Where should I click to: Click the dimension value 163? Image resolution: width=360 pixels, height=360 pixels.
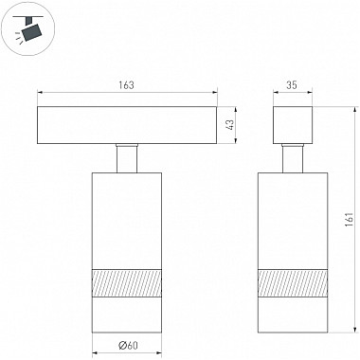127,85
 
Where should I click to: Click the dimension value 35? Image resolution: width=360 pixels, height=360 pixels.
292,85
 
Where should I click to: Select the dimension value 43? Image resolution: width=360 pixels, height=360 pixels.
231,124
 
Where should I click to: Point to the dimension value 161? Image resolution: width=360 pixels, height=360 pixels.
349,220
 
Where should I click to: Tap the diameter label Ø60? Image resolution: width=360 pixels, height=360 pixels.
128,346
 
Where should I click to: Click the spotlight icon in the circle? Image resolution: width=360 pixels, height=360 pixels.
28,29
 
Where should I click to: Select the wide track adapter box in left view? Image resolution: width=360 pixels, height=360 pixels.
127,125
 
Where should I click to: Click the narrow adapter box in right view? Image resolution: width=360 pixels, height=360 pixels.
293,125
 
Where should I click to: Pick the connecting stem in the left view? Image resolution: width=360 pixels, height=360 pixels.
127,158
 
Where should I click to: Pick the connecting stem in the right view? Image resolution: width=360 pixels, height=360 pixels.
293,158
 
